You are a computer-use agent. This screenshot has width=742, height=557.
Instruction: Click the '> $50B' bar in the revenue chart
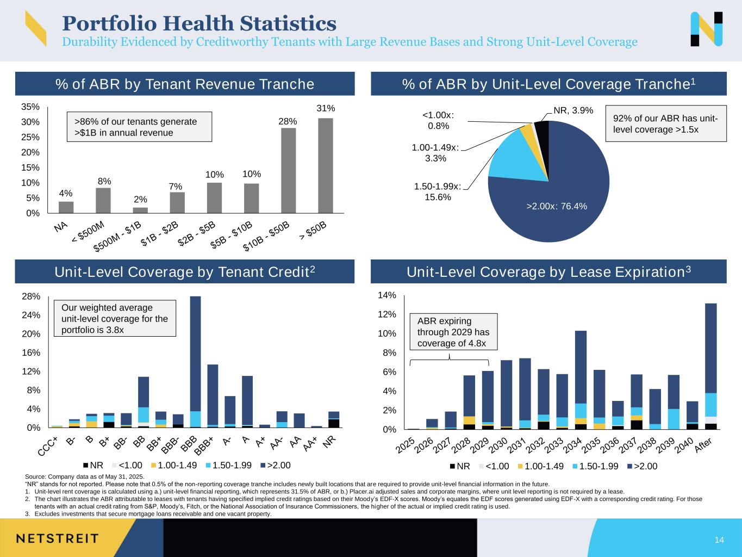click(325, 165)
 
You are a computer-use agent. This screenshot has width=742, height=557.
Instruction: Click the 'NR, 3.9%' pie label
click(573, 110)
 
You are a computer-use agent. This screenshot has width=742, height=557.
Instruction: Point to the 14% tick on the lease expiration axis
click(390, 295)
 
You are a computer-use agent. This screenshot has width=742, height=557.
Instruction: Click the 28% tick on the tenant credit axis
click(32, 296)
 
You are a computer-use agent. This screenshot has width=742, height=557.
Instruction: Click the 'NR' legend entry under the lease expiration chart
click(460, 466)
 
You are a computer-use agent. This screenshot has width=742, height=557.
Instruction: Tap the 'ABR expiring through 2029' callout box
click(453, 332)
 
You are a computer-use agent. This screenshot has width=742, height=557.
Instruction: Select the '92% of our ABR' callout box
click(665, 124)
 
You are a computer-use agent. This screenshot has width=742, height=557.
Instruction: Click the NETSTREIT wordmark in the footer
click(57, 539)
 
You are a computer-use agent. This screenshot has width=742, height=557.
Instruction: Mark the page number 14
click(719, 540)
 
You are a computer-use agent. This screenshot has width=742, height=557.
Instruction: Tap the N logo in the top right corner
click(707, 29)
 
